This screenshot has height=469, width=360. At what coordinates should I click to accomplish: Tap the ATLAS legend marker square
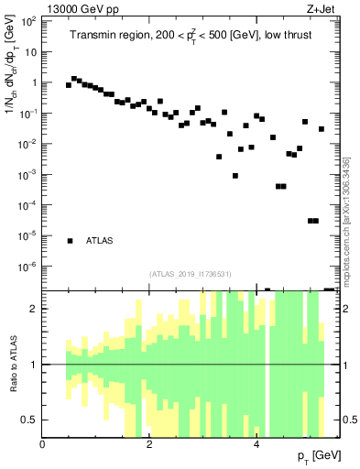(x=70, y=241)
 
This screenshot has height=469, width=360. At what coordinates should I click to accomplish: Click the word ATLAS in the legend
(x=100, y=241)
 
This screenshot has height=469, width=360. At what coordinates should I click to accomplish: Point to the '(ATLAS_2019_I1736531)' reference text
(x=191, y=274)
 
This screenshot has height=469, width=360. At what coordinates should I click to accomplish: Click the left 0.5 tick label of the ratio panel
(x=30, y=420)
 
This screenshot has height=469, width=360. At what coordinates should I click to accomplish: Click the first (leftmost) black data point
(x=69, y=85)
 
